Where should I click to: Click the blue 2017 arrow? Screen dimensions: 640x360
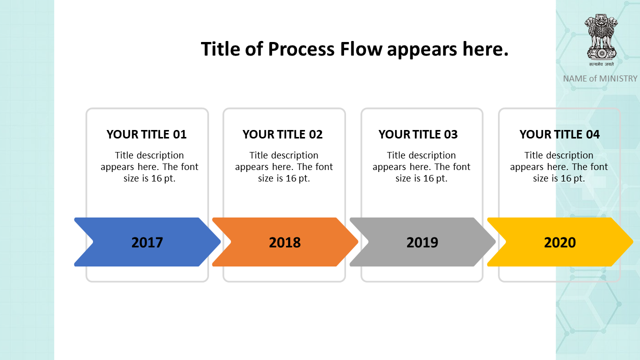tap(147, 242)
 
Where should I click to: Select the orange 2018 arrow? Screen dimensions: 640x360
tap(285, 242)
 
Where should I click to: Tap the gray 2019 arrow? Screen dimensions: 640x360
tap(422, 242)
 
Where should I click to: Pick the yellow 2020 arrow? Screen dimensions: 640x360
tap(560, 242)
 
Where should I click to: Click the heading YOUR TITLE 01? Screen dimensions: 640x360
tap(146, 134)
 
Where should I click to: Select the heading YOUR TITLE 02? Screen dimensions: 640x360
tap(282, 134)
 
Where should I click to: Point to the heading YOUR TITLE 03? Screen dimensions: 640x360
tap(418, 134)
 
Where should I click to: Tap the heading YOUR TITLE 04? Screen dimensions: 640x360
tap(559, 134)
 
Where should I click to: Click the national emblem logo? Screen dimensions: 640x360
tap(601, 40)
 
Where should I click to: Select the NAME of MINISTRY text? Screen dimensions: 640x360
tap(600, 78)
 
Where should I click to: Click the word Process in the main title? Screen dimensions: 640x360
tap(301, 49)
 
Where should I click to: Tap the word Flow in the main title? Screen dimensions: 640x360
tap(361, 49)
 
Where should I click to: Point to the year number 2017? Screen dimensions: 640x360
tap(147, 242)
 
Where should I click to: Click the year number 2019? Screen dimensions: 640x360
tap(422, 242)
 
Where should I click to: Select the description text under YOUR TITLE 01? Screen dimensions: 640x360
tap(149, 167)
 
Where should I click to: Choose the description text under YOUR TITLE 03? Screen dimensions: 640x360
tap(421, 167)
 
